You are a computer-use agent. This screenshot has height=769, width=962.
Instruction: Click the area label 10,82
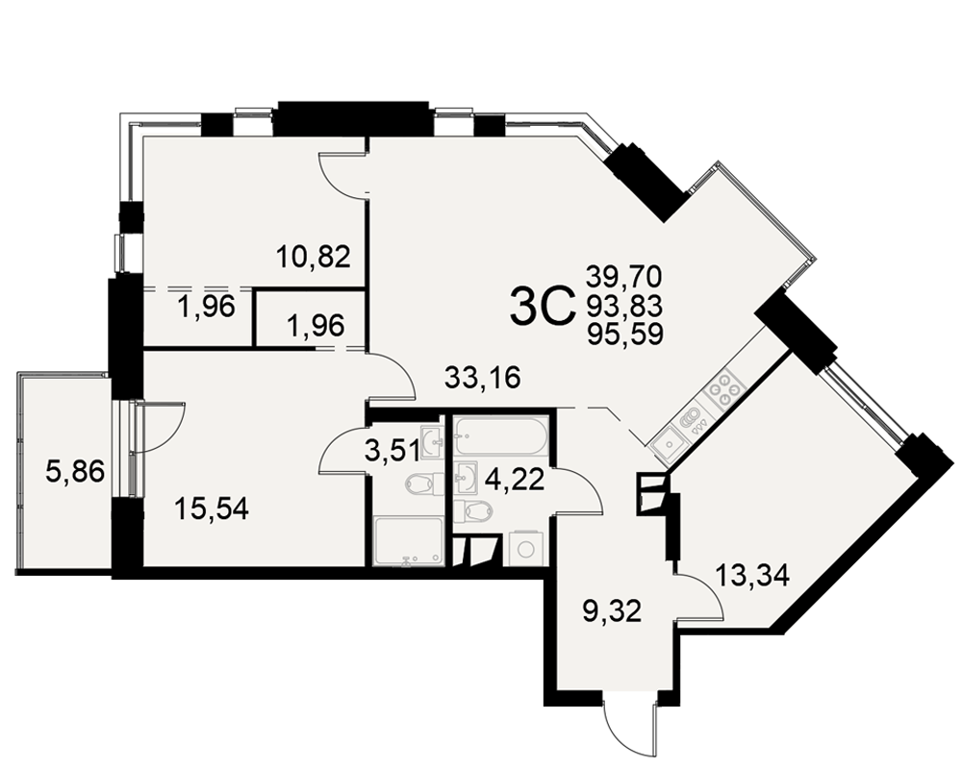(313, 257)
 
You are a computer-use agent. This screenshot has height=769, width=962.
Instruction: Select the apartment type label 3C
(541, 308)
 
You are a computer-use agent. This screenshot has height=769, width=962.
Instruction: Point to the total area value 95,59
(624, 335)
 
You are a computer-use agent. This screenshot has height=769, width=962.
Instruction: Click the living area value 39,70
(624, 277)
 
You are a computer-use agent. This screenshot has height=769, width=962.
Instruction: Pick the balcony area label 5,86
(75, 472)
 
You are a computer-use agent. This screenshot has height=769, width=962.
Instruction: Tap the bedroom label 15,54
(212, 509)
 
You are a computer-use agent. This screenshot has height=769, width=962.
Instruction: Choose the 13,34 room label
(752, 576)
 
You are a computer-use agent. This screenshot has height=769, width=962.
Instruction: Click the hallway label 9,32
(612, 611)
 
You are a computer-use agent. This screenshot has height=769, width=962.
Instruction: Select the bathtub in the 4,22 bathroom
(501, 437)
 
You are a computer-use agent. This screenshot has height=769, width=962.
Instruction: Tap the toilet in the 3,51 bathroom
(422, 484)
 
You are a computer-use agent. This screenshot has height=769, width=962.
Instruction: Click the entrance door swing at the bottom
(630, 724)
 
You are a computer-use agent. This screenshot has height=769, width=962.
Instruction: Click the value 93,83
(624, 306)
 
